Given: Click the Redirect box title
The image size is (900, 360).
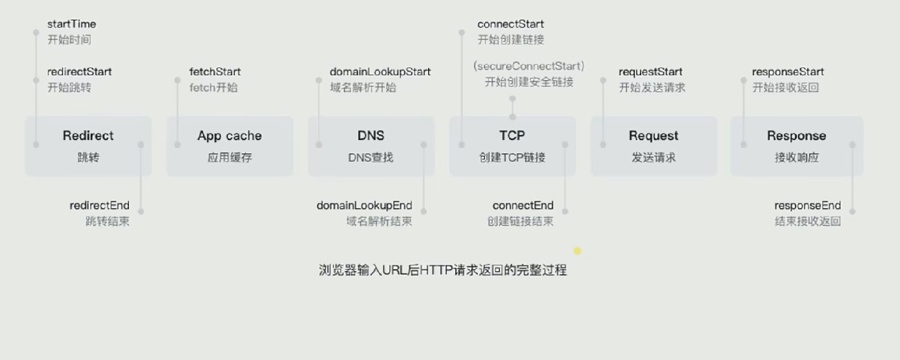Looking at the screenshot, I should (88, 136).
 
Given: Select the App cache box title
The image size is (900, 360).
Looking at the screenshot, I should (229, 136).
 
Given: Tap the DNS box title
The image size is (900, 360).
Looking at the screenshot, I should (370, 136).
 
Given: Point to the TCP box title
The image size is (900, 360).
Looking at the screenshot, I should (512, 136).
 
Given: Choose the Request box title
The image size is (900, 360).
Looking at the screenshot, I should (653, 136).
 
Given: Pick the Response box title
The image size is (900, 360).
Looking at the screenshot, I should (796, 136).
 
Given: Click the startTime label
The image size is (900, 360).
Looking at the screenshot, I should (71, 24).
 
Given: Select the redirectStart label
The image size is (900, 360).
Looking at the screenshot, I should (79, 72).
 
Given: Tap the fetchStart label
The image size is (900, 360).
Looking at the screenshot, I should (215, 72).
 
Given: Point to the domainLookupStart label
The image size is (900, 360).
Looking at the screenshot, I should (380, 72).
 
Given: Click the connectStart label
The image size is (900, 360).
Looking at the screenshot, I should (511, 24).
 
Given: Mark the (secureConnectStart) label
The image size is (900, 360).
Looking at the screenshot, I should (529, 66).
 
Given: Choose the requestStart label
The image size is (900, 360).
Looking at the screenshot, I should (650, 72).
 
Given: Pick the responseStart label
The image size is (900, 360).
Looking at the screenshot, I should (787, 72).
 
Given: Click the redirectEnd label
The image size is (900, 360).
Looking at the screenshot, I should (99, 206).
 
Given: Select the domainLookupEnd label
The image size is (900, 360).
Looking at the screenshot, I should (364, 206).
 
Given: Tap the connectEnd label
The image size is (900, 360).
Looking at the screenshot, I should (522, 206).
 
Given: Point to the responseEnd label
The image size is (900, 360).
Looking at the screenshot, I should (807, 206).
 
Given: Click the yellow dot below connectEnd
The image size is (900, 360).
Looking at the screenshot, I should (577, 251).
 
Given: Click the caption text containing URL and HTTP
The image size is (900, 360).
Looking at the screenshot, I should (442, 270).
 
